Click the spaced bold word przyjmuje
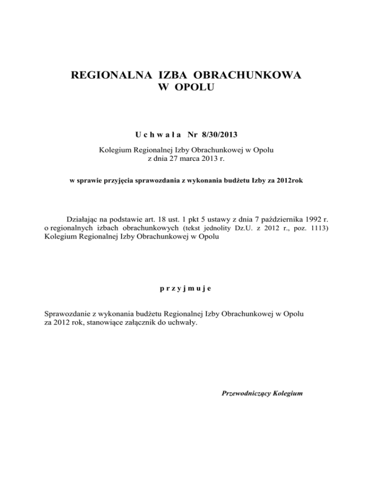tap(186, 288)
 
